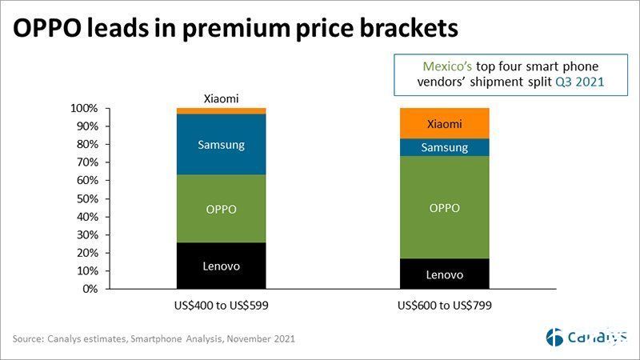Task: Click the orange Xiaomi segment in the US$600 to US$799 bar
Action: pos(444,124)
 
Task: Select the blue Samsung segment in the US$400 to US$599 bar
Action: pos(222,145)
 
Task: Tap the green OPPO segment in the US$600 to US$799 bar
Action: pos(444,207)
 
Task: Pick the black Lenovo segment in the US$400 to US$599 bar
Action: pos(222,266)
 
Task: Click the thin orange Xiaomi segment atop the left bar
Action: pos(222,110)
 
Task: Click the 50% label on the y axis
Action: pos(87,198)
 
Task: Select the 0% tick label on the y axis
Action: pos(90,289)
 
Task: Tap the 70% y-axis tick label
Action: pos(87,162)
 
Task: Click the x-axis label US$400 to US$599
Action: pos(222,306)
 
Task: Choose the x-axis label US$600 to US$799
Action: pos(444,306)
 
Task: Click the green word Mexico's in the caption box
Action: pos(453,66)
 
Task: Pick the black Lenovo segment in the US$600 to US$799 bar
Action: pos(444,274)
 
